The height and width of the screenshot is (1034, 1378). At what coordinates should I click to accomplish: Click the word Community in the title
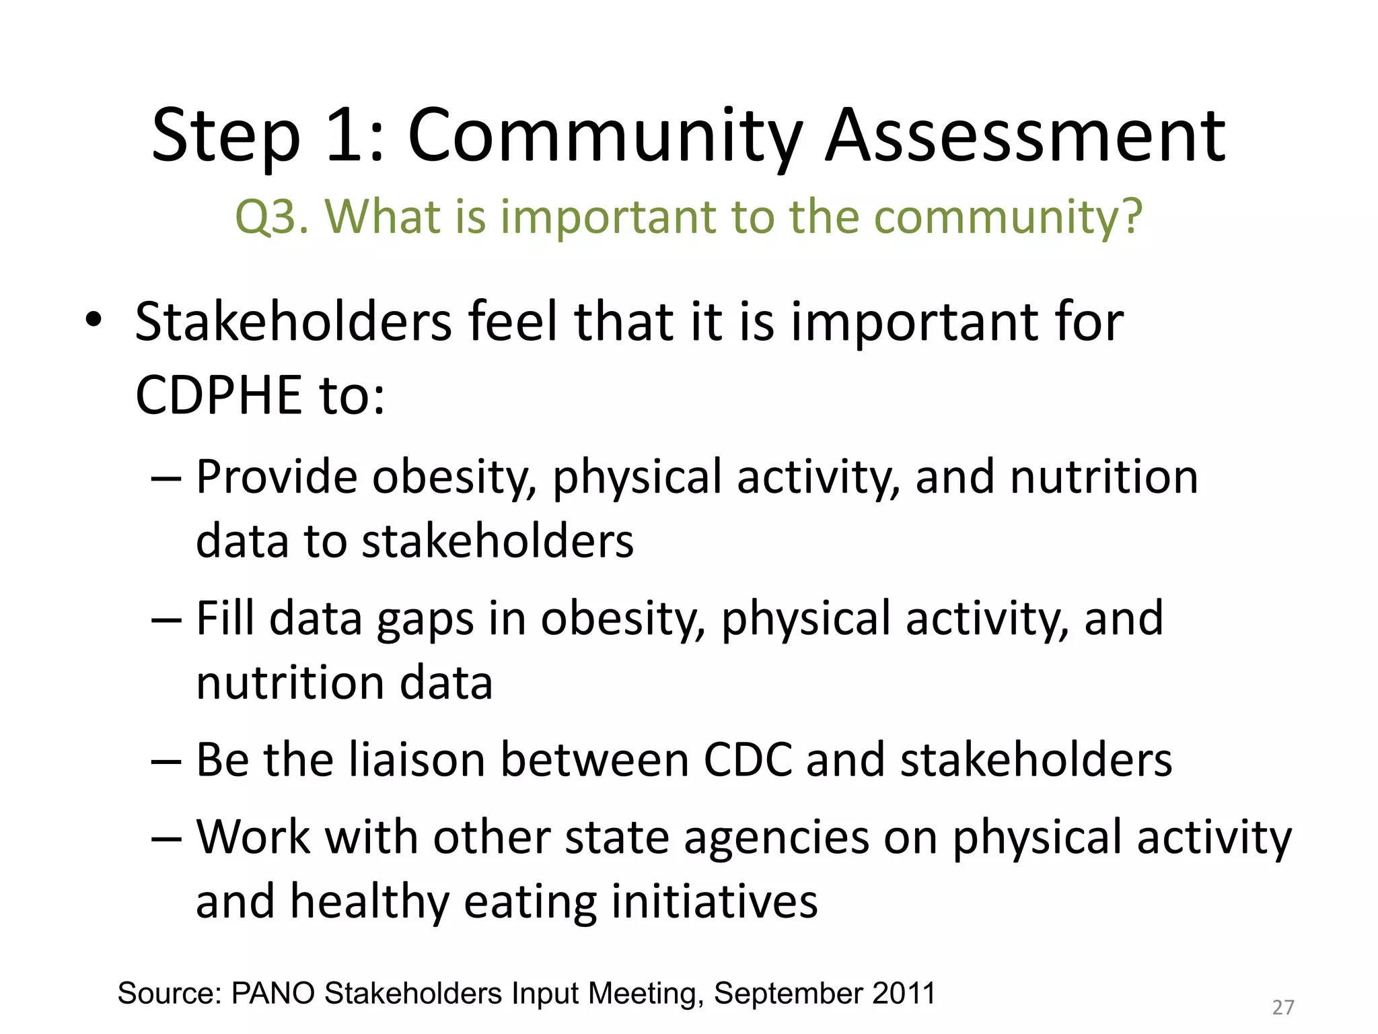coord(604,138)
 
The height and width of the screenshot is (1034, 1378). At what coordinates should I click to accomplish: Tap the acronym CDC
coord(748,761)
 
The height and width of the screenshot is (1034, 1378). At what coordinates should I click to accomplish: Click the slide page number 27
coord(1283,1008)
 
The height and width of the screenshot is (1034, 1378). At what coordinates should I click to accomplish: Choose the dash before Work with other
coord(166,839)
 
